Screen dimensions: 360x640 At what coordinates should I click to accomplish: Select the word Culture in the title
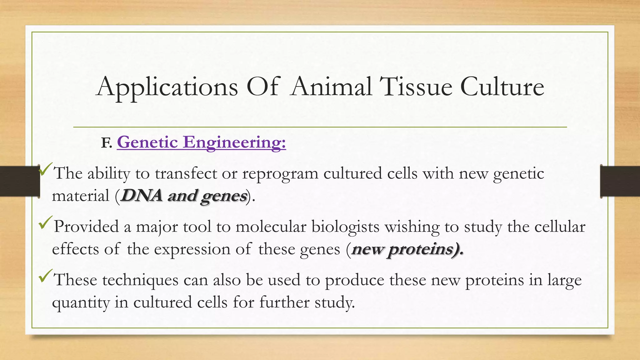tap(502, 87)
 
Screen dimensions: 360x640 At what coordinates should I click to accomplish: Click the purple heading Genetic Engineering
tap(201, 142)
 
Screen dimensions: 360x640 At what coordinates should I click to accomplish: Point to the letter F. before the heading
tap(106, 143)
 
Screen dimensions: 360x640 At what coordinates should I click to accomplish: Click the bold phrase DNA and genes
tap(184, 196)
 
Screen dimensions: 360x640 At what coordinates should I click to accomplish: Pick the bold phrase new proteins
tap(407, 249)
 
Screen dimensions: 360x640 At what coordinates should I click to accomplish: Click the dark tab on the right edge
tap(620, 181)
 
